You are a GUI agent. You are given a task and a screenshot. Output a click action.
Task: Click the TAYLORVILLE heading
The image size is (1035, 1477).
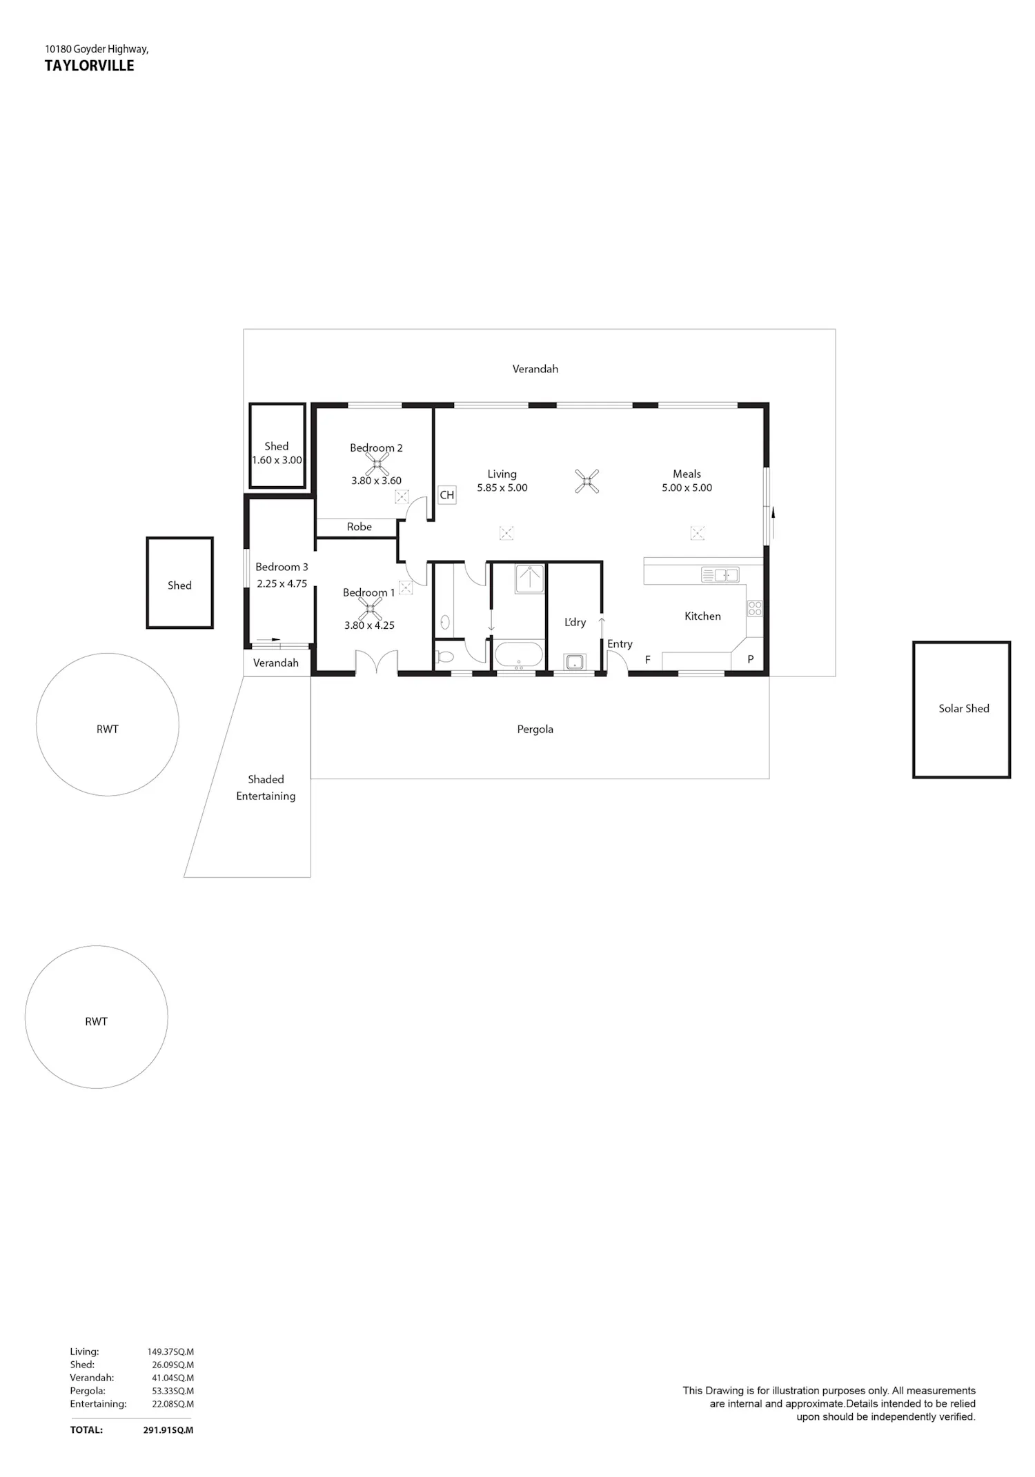90,66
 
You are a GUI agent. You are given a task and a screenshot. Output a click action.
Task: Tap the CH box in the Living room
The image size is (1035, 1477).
447,494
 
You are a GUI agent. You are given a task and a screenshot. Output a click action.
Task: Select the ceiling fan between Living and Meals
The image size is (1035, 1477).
587,481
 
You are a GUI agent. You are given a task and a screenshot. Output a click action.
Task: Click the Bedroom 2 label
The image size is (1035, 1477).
376,448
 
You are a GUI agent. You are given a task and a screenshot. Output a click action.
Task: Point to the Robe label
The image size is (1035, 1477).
359,527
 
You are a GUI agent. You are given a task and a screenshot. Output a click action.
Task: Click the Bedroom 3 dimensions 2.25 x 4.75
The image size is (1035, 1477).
282,583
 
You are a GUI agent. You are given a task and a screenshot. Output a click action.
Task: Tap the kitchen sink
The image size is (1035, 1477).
720,574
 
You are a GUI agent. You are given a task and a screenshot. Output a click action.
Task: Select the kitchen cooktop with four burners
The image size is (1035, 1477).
755,608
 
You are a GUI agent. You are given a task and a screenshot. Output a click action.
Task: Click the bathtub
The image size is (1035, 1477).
519,655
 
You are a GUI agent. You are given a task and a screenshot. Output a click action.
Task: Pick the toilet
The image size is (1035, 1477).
444,657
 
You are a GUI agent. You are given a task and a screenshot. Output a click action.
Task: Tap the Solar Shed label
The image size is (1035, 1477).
964,708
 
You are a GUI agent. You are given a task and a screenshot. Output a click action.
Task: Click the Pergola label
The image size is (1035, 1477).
535,730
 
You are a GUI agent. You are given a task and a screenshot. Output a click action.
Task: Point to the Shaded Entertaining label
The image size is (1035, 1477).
266,787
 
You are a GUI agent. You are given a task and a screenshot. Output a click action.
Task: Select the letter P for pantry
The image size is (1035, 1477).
751,659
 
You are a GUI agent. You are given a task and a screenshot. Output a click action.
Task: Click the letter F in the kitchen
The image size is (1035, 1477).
648,660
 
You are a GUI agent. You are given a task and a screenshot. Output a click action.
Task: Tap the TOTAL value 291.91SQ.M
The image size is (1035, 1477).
168,1430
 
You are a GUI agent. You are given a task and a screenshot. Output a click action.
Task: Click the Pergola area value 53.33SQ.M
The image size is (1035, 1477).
173,1391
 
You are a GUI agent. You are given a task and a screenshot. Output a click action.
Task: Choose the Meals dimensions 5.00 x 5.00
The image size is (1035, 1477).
687,488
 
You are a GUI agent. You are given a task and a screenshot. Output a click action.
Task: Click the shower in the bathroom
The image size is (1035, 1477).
530,579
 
